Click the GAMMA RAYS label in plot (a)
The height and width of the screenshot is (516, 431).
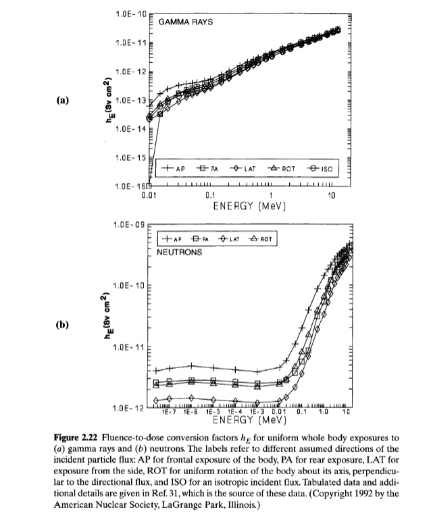(186, 22)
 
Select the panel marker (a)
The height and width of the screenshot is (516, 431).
(63, 101)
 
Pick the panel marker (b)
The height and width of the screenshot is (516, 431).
(63, 324)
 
